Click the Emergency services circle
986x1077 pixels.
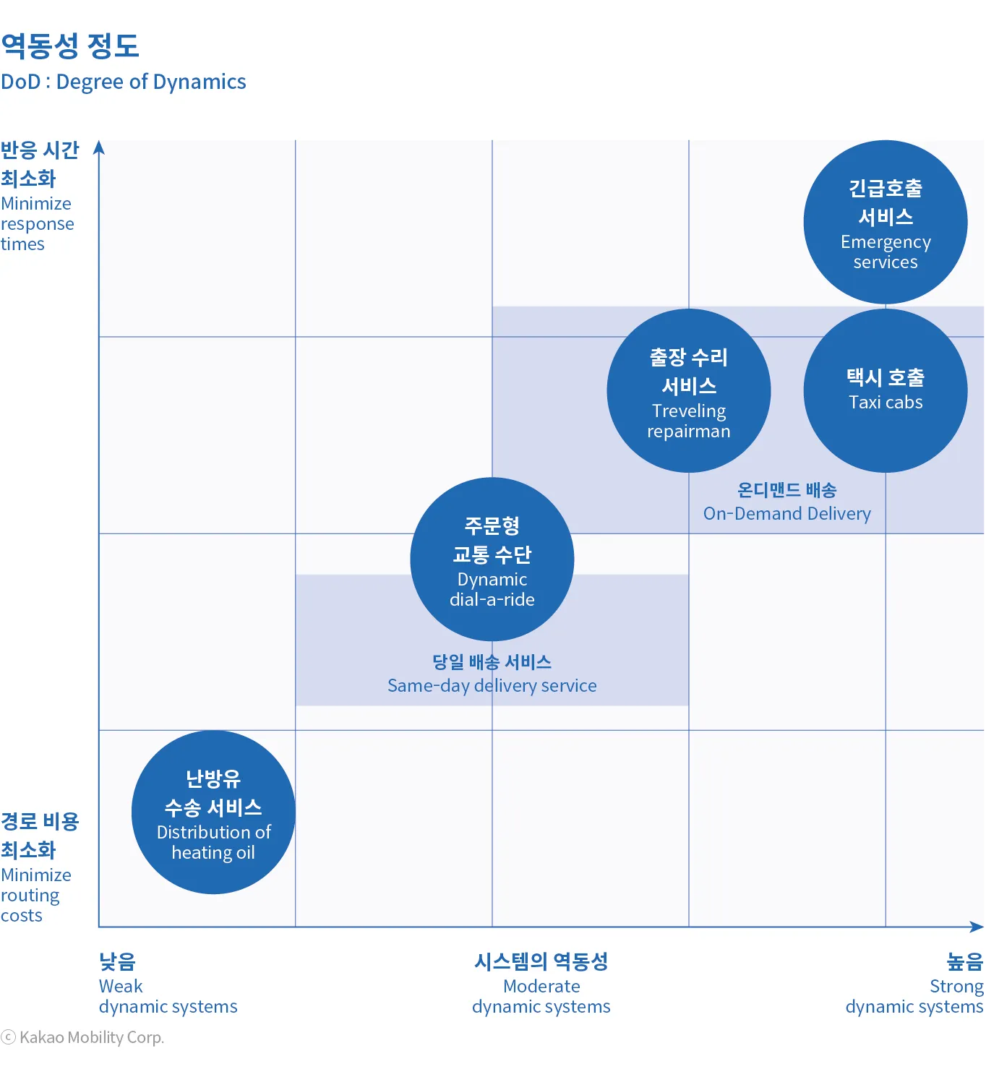pos(886,222)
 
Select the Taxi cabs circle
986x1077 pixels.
pos(886,390)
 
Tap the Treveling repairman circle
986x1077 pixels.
pos(689,390)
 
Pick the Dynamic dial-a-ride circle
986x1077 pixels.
pos(492,559)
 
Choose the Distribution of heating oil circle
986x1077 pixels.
pos(213,812)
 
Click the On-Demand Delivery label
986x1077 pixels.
pos(786,513)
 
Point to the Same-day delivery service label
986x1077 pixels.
pos(492,685)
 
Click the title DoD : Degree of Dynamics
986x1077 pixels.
pos(124,82)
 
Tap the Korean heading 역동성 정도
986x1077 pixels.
pos(70,46)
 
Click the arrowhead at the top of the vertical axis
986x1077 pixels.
pos(99,147)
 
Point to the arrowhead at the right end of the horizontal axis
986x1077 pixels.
pos(977,927)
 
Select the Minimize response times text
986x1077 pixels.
pos(37,223)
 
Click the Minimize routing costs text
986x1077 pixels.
pos(35,895)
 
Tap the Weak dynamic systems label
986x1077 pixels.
pos(168,996)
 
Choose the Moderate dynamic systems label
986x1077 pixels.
pos(541,996)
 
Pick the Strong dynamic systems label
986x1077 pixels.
pos(914,996)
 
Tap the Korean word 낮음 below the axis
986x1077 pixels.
pos(117,961)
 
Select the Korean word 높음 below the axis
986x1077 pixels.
pos(965,961)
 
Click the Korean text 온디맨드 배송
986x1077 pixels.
pos(786,490)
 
